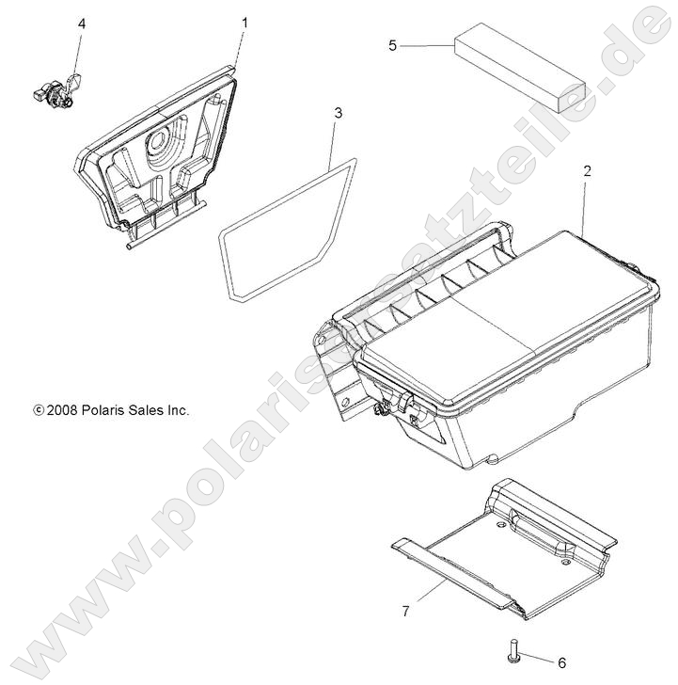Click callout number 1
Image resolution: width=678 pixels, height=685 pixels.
245,21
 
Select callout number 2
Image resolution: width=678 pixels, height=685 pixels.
560,171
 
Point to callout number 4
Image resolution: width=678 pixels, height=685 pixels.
81,24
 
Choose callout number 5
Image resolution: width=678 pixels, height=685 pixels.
393,44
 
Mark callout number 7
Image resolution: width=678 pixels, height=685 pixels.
405,612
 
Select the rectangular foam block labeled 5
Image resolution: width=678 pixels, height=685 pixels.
519,69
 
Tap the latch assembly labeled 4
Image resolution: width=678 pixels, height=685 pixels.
55,91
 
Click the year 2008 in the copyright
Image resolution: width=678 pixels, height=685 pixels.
62,410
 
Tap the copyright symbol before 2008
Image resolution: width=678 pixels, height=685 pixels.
38,411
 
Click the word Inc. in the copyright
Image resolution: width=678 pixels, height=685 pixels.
178,410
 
